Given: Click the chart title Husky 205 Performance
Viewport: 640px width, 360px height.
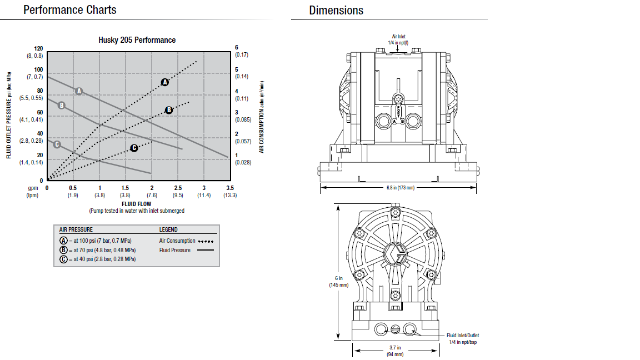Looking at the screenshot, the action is tap(137, 40).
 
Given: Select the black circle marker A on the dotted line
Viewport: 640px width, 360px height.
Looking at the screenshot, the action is tap(165, 82).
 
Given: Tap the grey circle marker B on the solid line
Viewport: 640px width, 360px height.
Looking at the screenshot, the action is tap(62, 106).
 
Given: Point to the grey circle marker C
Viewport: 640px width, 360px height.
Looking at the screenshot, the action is tap(57, 144).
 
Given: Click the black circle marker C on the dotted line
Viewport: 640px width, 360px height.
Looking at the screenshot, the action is tap(134, 148).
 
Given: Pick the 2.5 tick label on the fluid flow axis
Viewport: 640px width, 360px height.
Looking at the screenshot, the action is tap(178, 188).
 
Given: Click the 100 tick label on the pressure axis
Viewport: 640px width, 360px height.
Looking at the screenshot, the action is tap(38, 70).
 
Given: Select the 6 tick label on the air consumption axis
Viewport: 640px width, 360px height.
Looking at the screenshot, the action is tap(236, 48).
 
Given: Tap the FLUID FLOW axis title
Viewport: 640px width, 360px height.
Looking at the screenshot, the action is tap(136, 204).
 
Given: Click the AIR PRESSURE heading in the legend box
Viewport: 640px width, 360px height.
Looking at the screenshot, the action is tap(76, 230).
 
